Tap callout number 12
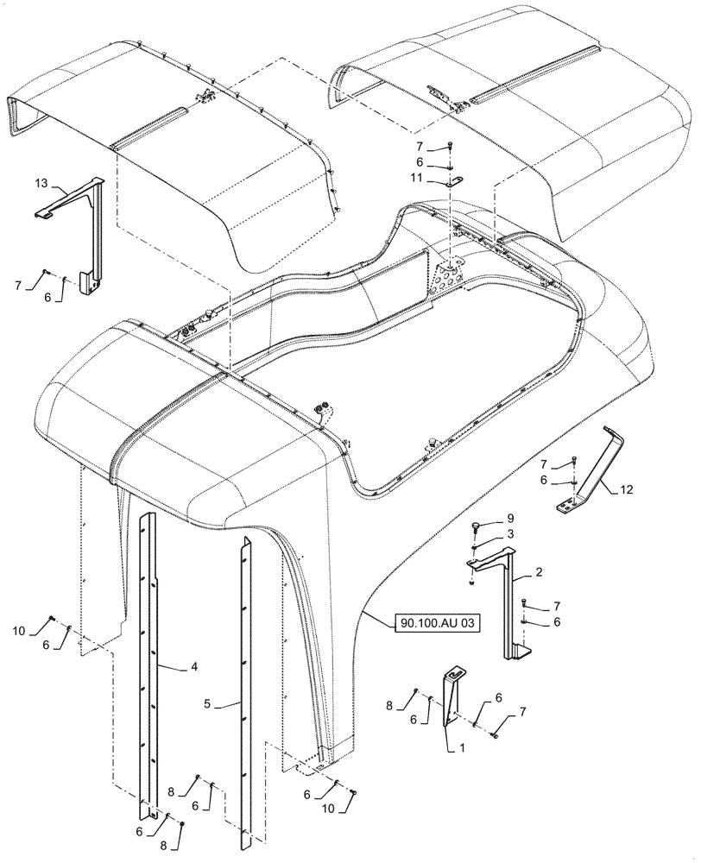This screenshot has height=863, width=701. [625, 490]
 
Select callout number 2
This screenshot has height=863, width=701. [539, 572]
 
